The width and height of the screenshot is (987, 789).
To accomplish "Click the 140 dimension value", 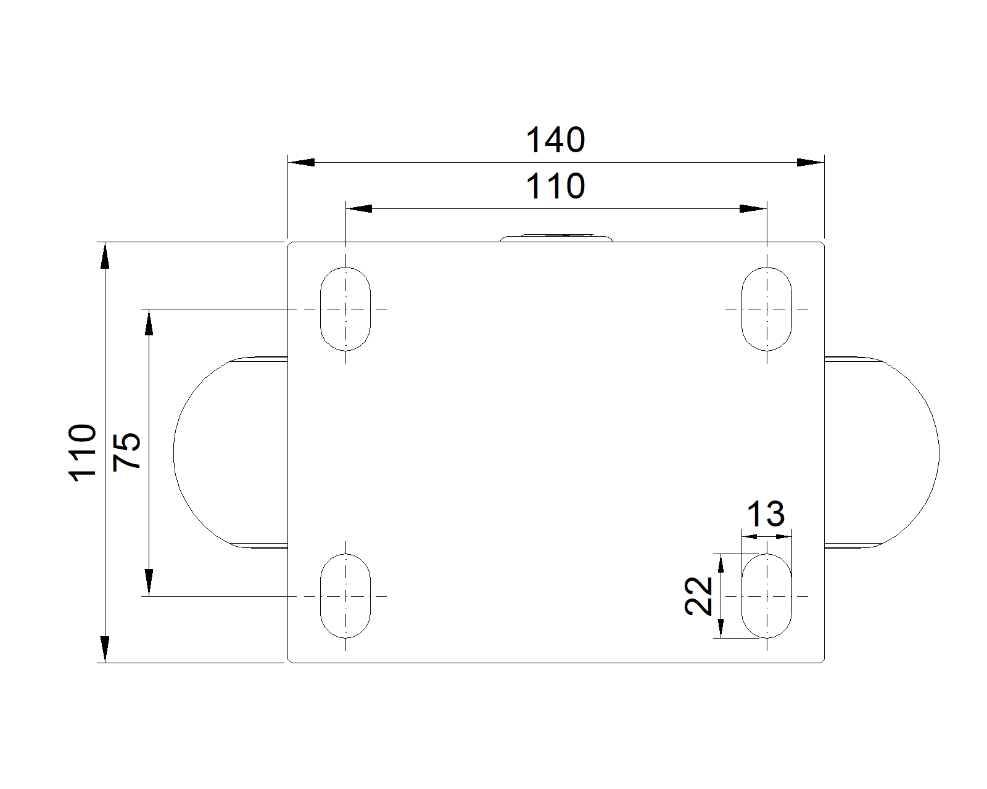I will (x=555, y=141).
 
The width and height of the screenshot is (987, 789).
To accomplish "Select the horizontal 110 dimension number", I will (x=555, y=186).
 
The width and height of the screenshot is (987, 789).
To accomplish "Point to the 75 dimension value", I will (x=128, y=452).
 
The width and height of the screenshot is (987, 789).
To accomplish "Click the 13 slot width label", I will (x=766, y=514).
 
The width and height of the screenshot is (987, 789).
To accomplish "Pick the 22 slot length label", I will (x=699, y=596).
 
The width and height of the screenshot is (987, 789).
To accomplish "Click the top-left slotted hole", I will (x=345, y=308).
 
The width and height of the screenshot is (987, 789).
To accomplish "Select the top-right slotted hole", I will (x=766, y=308).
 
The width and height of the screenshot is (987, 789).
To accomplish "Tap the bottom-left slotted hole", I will (x=345, y=596).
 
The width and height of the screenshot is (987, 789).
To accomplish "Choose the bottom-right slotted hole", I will (x=766, y=596).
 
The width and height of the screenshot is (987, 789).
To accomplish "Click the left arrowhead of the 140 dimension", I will (x=302, y=163).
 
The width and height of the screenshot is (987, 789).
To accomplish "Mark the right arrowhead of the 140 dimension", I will (x=811, y=163).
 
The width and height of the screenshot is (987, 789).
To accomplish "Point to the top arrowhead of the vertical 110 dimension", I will (x=105, y=256).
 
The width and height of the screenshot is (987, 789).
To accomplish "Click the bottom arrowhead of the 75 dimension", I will (x=149, y=583).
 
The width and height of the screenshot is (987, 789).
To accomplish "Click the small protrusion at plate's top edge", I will (x=556, y=238).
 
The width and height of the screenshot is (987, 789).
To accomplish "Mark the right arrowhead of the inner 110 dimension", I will (x=753, y=209).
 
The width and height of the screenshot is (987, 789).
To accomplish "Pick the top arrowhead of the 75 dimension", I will (x=149, y=322).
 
